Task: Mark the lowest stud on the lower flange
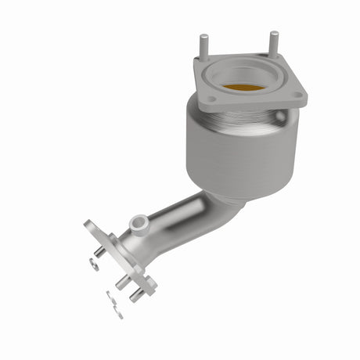click(x=138, y=294)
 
